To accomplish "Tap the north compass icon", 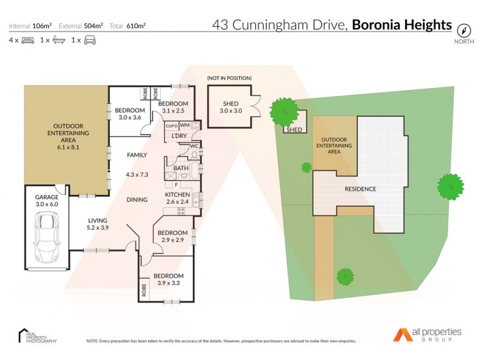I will pos(463,29).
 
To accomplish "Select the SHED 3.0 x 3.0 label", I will pos(230,107).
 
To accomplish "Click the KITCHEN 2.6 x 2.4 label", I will pos(178,199).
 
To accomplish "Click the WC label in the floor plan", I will pos(194,146).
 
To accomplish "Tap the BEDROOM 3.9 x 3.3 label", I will pos(170,280).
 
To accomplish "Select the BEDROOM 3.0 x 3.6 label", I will pos(130,113).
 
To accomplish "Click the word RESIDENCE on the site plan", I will pos(360,189).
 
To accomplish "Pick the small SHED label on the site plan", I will pos(294,130).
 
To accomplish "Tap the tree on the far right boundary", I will pos(450,187).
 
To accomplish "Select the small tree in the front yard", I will pos(344,276).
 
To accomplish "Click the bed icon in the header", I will pos(28,40).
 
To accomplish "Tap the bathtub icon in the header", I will pos(59,40).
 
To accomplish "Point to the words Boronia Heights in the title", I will pos(401,25).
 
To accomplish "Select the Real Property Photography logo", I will pos(37,336).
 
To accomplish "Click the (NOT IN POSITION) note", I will pos(229,78).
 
